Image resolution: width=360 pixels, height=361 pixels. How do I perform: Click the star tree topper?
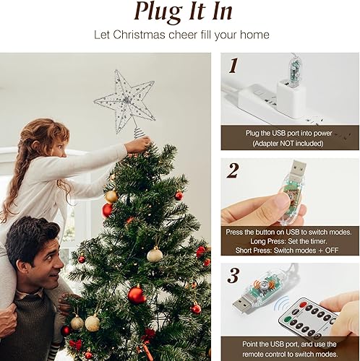(124, 98)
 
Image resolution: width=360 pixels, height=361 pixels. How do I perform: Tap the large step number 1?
(233, 66)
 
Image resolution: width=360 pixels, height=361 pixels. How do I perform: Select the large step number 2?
(233, 171)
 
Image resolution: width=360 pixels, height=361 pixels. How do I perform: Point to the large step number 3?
(233, 275)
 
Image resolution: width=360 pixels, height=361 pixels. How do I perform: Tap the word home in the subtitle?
(254, 35)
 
